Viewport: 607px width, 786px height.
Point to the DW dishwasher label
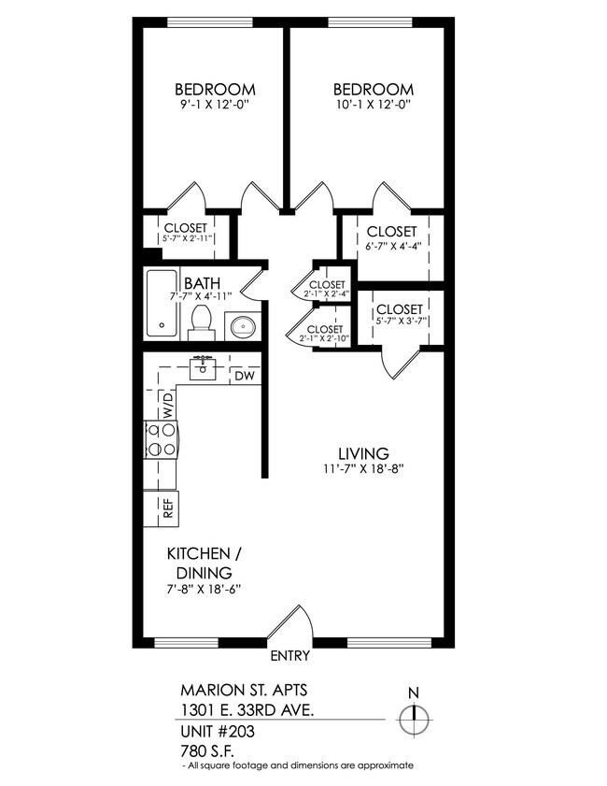point(244,376)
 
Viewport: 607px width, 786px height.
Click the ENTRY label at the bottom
point(289,655)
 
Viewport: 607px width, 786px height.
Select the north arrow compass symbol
point(413,719)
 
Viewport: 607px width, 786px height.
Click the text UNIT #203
point(217,731)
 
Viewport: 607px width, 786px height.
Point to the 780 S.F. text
point(205,750)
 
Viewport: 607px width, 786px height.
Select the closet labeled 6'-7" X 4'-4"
point(391,239)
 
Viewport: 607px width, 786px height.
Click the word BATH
point(202,283)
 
